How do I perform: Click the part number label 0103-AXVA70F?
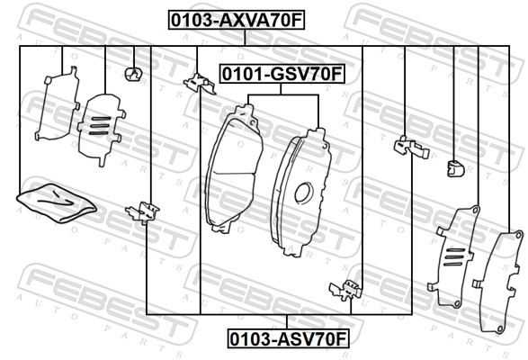click(x=237, y=20)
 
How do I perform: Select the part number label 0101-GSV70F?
click(x=282, y=74)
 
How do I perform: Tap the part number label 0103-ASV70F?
click(x=288, y=338)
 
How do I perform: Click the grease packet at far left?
click(x=57, y=202)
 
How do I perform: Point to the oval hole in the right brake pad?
click(x=304, y=193)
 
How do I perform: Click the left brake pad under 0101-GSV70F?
click(x=234, y=168)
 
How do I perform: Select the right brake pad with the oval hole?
click(x=301, y=193)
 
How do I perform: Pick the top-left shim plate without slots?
click(x=58, y=103)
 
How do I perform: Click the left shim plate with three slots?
click(x=101, y=129)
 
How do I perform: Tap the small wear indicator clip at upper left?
click(x=133, y=74)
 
